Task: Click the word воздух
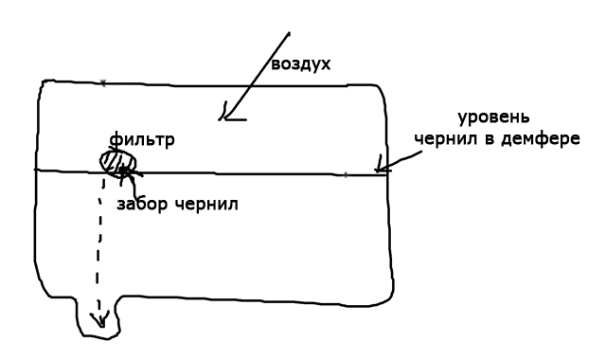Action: [x=301, y=64]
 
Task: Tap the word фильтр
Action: [x=142, y=139]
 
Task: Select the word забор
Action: [x=142, y=204]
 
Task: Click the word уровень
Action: [x=493, y=117]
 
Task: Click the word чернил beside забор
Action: [x=206, y=205]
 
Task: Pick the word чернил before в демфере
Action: [x=445, y=139]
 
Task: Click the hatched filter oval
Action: [x=118, y=163]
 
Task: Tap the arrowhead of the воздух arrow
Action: [x=229, y=115]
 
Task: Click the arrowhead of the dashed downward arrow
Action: [x=100, y=320]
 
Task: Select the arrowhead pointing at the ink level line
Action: [x=381, y=167]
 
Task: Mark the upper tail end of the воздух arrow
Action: [x=289, y=33]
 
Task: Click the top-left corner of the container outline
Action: [x=43, y=82]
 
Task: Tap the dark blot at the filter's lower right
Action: [x=124, y=171]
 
